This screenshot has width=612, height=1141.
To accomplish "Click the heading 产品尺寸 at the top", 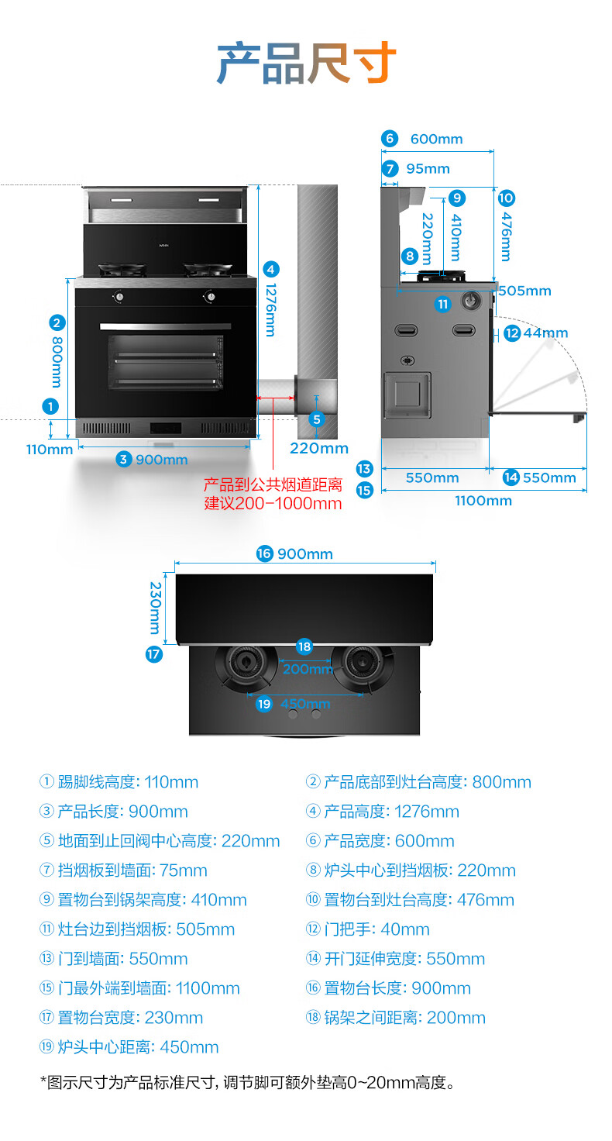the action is [306, 64].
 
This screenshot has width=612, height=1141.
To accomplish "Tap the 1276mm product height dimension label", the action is [270, 309].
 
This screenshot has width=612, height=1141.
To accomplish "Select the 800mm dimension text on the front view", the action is [57, 360].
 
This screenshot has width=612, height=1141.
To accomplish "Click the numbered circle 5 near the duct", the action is [316, 419].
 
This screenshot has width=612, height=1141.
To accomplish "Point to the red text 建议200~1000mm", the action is [272, 503].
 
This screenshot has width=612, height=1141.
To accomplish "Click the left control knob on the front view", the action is [119, 297].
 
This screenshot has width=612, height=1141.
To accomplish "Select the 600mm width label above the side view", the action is [436, 139].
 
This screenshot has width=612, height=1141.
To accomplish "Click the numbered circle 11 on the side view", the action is [442, 304].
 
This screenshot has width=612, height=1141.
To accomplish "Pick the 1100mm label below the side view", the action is [483, 501].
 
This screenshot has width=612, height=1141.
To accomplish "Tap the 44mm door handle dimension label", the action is [545, 333].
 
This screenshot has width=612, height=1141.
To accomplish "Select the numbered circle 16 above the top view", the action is [265, 553].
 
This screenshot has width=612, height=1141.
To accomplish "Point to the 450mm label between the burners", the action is [305, 704].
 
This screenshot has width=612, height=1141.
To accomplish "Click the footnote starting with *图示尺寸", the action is [246, 1083].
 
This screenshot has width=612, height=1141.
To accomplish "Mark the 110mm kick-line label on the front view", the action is [49, 449].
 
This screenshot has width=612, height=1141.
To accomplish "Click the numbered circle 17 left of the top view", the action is [154, 654].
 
